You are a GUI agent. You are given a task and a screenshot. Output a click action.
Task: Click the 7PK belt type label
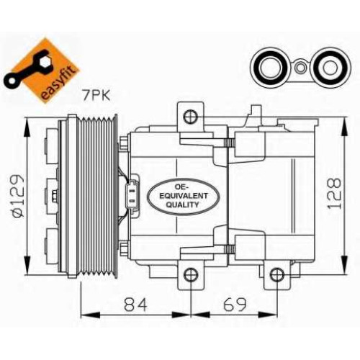(96, 96)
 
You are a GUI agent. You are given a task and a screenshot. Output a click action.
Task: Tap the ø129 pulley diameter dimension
(17, 196)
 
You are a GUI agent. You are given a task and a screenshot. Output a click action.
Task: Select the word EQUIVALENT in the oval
(184, 196)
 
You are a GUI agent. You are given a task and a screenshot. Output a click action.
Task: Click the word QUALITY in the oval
(183, 204)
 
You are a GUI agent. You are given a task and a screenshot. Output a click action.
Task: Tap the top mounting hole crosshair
(191, 117)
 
